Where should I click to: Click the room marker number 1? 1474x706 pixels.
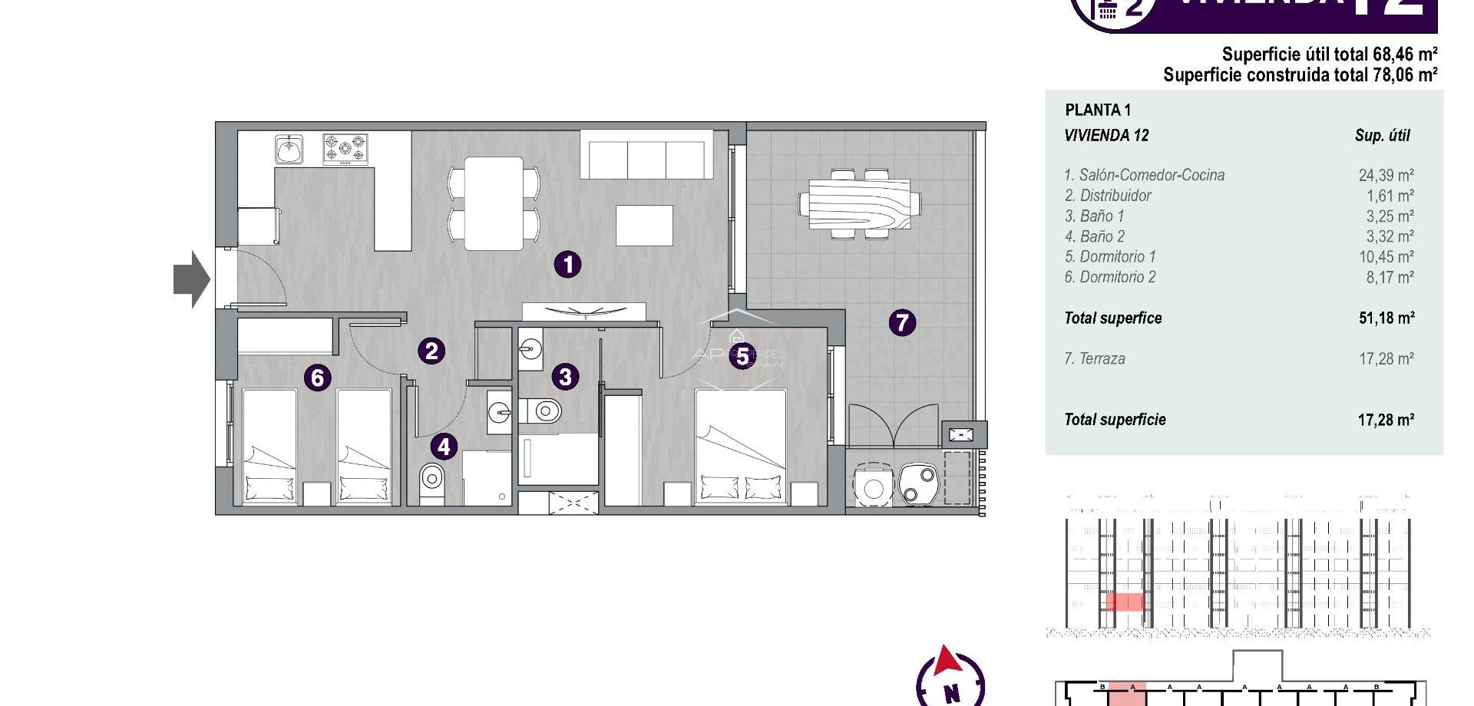[x=567, y=265]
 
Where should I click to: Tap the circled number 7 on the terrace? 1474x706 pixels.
[x=902, y=322]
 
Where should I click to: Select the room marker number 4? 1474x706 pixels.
[x=444, y=447]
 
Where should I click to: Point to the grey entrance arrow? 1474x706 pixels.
[x=191, y=279]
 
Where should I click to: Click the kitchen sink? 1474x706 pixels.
[x=289, y=149]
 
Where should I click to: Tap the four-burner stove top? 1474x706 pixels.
[x=345, y=149]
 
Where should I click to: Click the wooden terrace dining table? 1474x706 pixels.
[x=860, y=203]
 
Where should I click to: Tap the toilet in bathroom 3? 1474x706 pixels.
[x=544, y=411]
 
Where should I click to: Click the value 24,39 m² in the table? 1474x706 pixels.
[x=1386, y=175]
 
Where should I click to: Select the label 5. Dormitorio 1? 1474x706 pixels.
[x=1110, y=256]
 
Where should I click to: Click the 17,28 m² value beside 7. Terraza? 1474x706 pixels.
[x=1386, y=358]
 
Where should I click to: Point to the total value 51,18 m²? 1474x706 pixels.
[x=1386, y=318]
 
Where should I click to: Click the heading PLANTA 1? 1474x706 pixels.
[x=1098, y=110]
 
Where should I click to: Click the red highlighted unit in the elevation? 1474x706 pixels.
[x=1125, y=602]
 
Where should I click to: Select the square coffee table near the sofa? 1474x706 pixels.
[x=644, y=225]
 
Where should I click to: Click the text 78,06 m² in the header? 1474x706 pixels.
[x=1404, y=74]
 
